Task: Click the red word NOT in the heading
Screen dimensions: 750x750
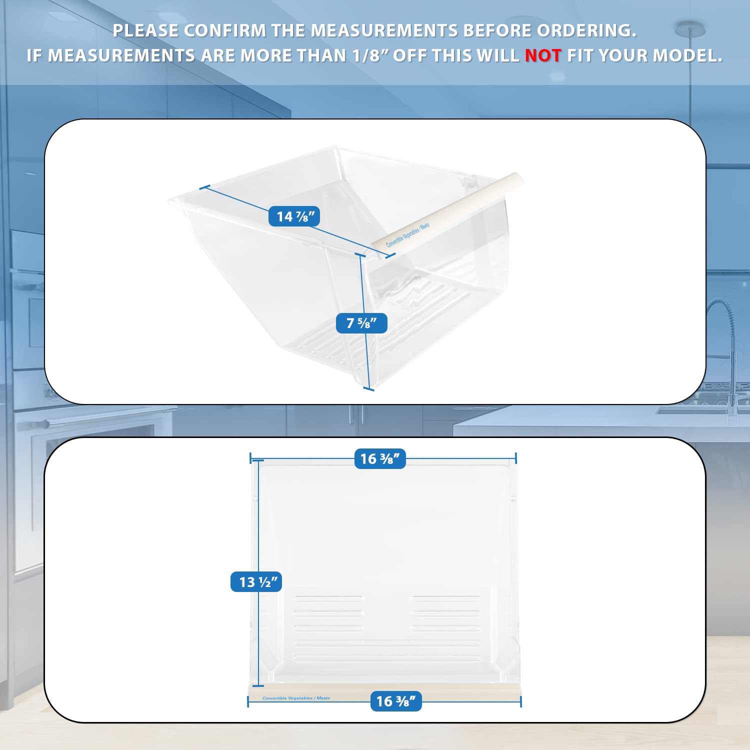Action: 543,55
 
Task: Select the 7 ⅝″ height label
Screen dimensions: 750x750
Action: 361,323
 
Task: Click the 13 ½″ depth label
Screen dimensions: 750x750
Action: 256,582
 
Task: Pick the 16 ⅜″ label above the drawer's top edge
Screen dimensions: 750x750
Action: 380,459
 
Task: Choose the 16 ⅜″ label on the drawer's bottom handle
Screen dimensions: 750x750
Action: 396,701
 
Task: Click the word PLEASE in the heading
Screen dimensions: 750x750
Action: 145,30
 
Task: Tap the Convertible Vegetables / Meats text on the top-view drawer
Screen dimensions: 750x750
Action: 296,698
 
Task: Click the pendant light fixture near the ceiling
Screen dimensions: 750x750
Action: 690,30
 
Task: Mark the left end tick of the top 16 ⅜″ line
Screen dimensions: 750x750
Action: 250,458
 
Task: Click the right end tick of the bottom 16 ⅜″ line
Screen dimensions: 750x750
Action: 520,701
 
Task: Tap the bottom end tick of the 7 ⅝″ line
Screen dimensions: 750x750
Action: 368,388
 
